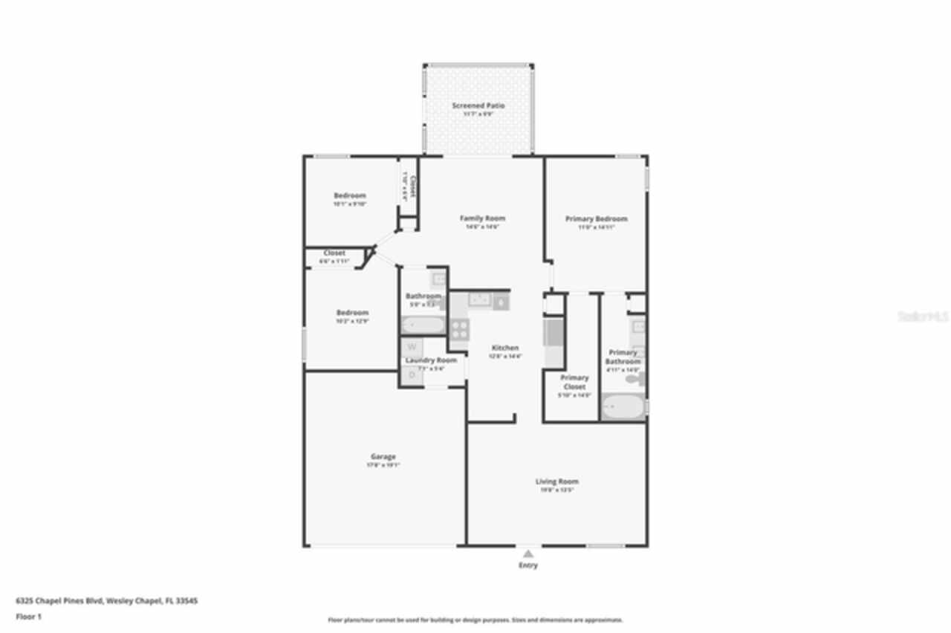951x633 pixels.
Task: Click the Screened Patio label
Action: coord(478,106)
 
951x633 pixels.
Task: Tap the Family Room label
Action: coord(482,218)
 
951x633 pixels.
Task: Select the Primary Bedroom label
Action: coord(596,219)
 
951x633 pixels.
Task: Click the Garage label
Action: coord(383,457)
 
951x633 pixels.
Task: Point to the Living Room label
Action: coord(556,482)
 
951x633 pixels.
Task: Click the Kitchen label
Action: coord(504,348)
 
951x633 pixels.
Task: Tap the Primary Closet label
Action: coord(574,382)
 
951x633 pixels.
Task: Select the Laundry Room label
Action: coord(430,360)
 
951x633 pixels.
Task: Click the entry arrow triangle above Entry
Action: coord(528,554)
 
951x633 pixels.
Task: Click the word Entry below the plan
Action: coord(528,565)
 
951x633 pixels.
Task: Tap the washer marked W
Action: coord(412,347)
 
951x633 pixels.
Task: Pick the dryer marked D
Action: coord(412,376)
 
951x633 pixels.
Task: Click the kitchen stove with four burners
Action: coord(459,329)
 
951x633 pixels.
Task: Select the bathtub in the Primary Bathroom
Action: coord(623,408)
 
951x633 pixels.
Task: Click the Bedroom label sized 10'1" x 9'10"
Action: coord(349,195)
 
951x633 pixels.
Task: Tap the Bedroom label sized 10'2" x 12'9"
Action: coord(351,313)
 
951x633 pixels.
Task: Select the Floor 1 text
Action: coord(29,617)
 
